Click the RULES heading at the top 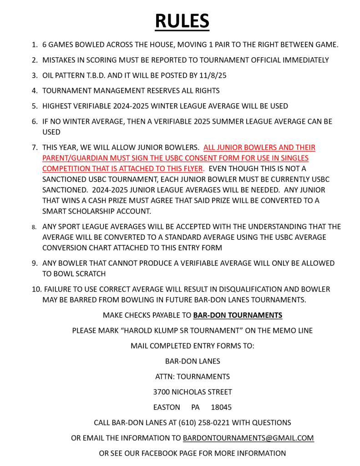tap(182, 21)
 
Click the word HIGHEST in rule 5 tap(58, 106)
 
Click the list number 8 tap(34, 227)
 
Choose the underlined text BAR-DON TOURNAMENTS tap(238, 315)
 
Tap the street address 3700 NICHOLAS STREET tap(193, 392)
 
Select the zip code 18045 tap(221, 407)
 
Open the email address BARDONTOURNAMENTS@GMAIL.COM tap(248, 438)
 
